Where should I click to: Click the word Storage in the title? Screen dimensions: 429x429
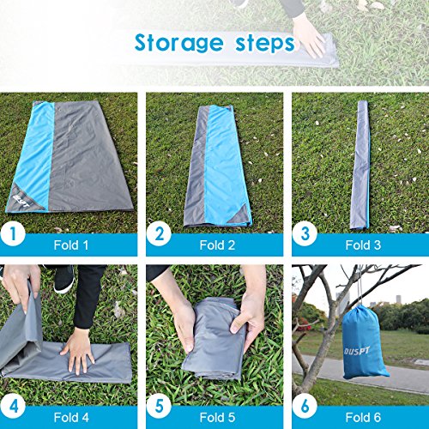pos(179,44)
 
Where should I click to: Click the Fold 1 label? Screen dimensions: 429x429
pos(72,244)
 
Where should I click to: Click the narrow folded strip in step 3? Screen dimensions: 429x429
pos(359,163)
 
